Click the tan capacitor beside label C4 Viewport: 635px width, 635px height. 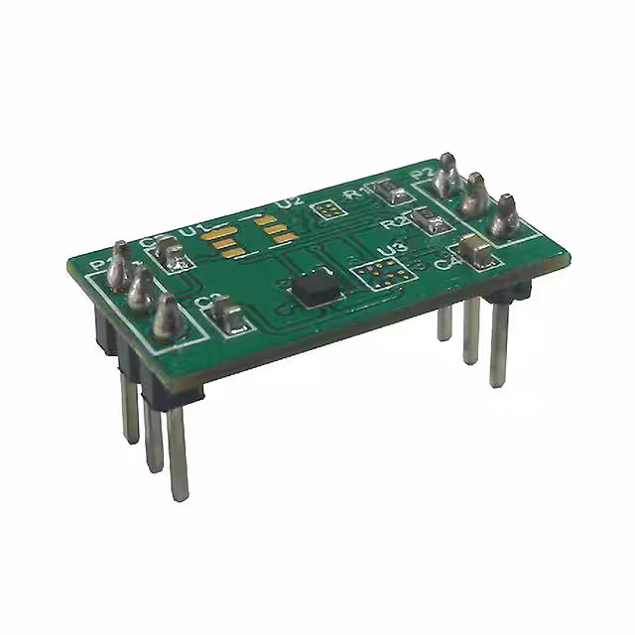pyautogui.click(x=477, y=251)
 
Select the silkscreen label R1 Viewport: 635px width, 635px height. pyautogui.click(x=352, y=194)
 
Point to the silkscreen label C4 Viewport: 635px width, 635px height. pyautogui.click(x=444, y=261)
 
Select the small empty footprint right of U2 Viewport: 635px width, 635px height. pyautogui.click(x=324, y=209)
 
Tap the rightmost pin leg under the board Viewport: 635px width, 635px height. pyautogui.click(x=498, y=347)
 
